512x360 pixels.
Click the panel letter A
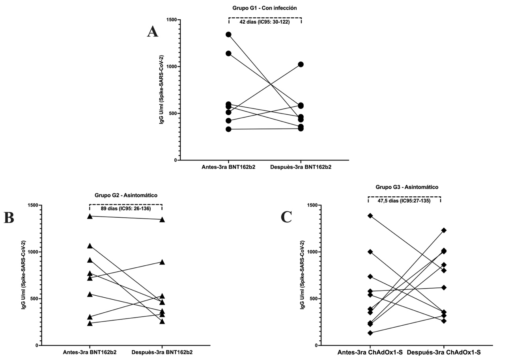click(152, 32)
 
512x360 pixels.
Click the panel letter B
click(9, 218)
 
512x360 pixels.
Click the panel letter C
click(286, 217)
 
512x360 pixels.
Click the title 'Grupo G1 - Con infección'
click(264, 8)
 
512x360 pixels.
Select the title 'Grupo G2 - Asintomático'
click(126, 195)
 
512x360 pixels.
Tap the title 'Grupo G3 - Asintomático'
click(407, 187)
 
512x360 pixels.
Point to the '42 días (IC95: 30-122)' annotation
click(264, 22)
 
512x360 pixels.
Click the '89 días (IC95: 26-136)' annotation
click(125, 209)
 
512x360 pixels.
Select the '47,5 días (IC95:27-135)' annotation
click(405, 201)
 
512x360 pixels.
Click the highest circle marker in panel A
click(228, 35)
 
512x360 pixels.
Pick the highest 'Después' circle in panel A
click(301, 64)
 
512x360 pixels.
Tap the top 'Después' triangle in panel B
click(162, 219)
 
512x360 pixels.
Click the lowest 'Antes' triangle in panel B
click(90, 323)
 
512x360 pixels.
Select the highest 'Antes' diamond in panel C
click(370, 216)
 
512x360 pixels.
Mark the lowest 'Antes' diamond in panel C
click(370, 333)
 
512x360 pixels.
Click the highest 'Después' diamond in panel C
click(444, 230)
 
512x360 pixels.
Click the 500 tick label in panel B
click(33, 298)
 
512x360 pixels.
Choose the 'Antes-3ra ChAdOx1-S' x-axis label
click(370, 352)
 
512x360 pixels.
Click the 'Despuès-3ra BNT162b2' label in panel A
click(301, 167)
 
